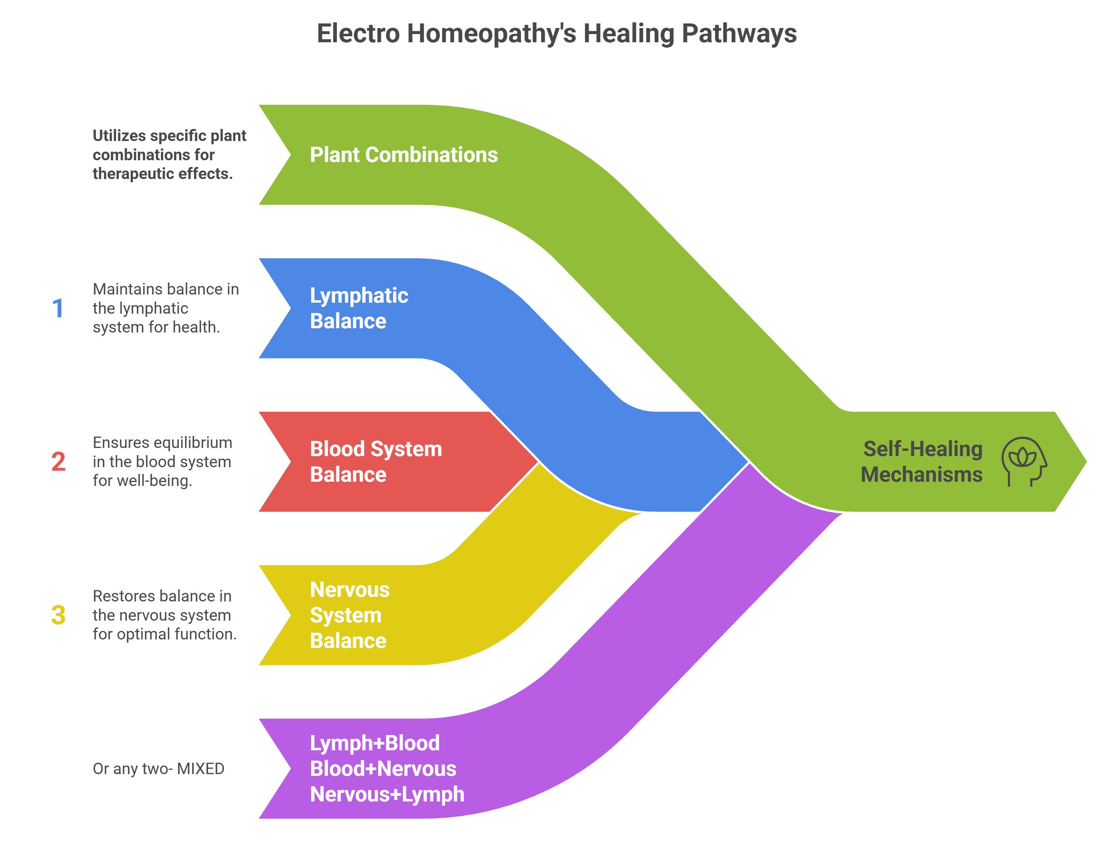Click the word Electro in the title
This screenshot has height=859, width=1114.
pyautogui.click(x=358, y=34)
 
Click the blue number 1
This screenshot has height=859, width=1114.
pyautogui.click(x=58, y=308)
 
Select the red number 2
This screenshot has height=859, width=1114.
pyautogui.click(x=58, y=462)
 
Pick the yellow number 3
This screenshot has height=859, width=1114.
pyautogui.click(x=58, y=615)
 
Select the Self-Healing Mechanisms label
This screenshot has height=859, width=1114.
pyautogui.click(x=921, y=462)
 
